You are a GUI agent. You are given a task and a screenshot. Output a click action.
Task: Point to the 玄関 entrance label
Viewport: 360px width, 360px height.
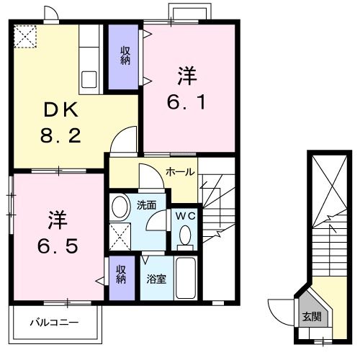312,315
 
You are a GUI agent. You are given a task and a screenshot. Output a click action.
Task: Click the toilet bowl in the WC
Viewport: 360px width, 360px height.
184,235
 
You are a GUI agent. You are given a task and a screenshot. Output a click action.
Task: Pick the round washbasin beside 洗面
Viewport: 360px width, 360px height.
121,207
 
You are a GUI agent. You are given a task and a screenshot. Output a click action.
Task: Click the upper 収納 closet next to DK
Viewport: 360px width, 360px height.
124,56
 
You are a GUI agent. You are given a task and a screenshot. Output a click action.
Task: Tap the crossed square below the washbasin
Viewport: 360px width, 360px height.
120,234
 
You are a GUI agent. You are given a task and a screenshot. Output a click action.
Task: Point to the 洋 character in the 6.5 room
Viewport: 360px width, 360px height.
58,217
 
